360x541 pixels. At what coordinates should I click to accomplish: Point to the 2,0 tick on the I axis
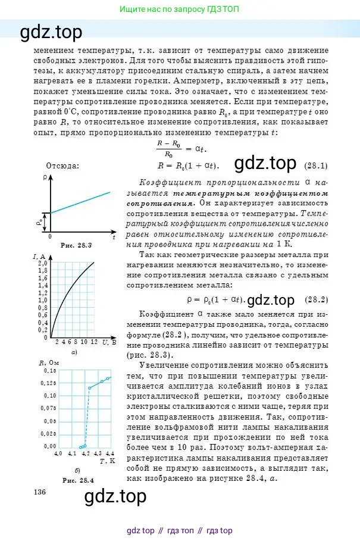point(42,263)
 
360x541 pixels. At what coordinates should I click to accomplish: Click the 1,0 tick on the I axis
point(42,300)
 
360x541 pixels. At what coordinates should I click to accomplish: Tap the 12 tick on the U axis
point(94,342)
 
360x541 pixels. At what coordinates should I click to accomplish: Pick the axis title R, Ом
point(49,362)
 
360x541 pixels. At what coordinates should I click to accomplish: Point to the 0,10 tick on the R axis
point(49,395)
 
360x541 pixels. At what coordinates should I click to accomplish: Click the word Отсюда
point(62,166)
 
